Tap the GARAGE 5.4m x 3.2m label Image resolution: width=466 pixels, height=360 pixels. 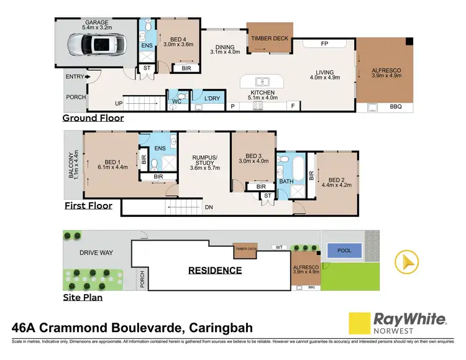click(96, 25)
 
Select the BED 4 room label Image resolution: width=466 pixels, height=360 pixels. click(178, 41)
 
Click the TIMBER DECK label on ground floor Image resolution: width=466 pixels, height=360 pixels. click(269, 39)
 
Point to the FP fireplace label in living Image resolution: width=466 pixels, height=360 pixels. click(324, 45)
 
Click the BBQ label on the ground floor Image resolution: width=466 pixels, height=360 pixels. click(396, 107)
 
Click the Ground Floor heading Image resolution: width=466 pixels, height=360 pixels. click(93, 118)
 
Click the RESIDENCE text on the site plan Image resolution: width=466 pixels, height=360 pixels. click(216, 270)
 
